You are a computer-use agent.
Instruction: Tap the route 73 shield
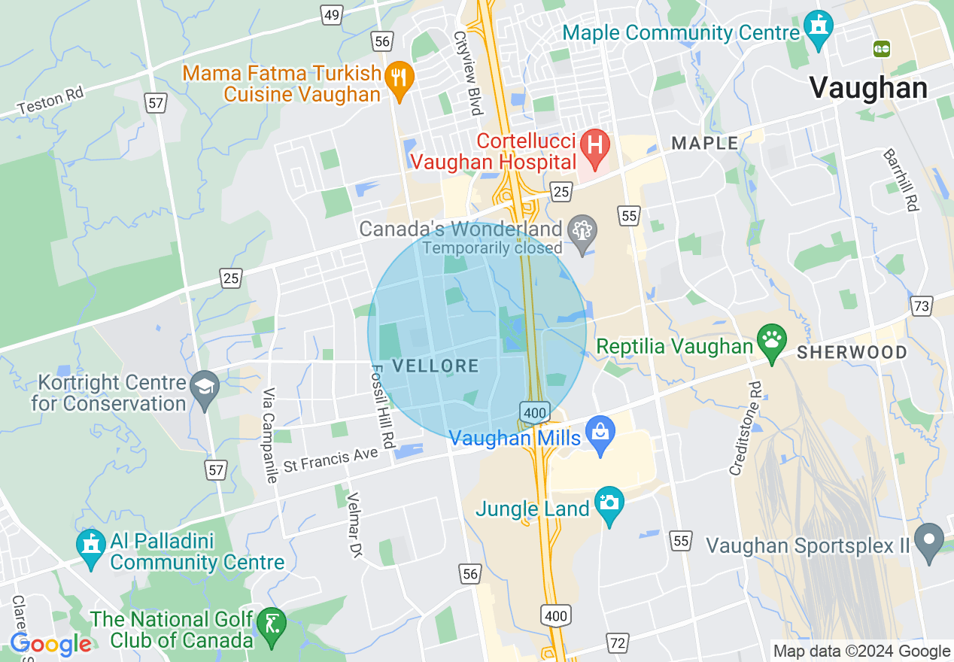coord(921,305)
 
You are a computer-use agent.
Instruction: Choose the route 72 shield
coord(618,643)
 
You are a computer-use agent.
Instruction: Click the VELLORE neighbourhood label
coord(436,366)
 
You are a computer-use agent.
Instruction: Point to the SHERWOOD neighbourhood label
coord(852,352)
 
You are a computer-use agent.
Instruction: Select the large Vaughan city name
coord(868,89)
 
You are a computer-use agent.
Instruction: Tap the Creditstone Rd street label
coord(744,428)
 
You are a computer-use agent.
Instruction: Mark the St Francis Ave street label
coord(330,460)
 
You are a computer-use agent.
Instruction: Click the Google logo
coord(50,644)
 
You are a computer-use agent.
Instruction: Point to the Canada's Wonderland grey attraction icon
coord(582,229)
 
